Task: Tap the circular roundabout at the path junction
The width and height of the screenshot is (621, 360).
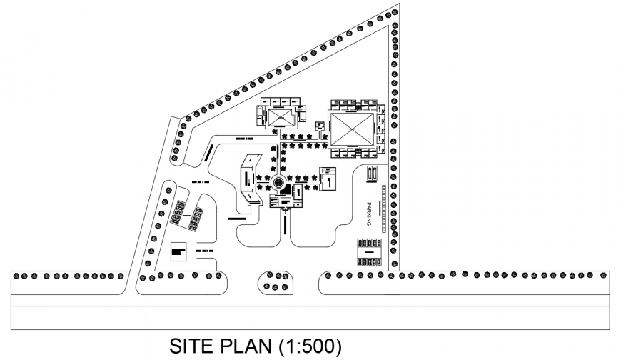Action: tap(279, 183)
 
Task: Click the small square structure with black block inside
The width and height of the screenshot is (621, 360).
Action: tap(178, 251)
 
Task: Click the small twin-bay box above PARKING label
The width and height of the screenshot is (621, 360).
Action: tap(372, 175)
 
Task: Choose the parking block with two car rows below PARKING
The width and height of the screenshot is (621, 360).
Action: tap(370, 251)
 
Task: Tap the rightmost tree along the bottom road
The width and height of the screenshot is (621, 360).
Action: tap(604, 274)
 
